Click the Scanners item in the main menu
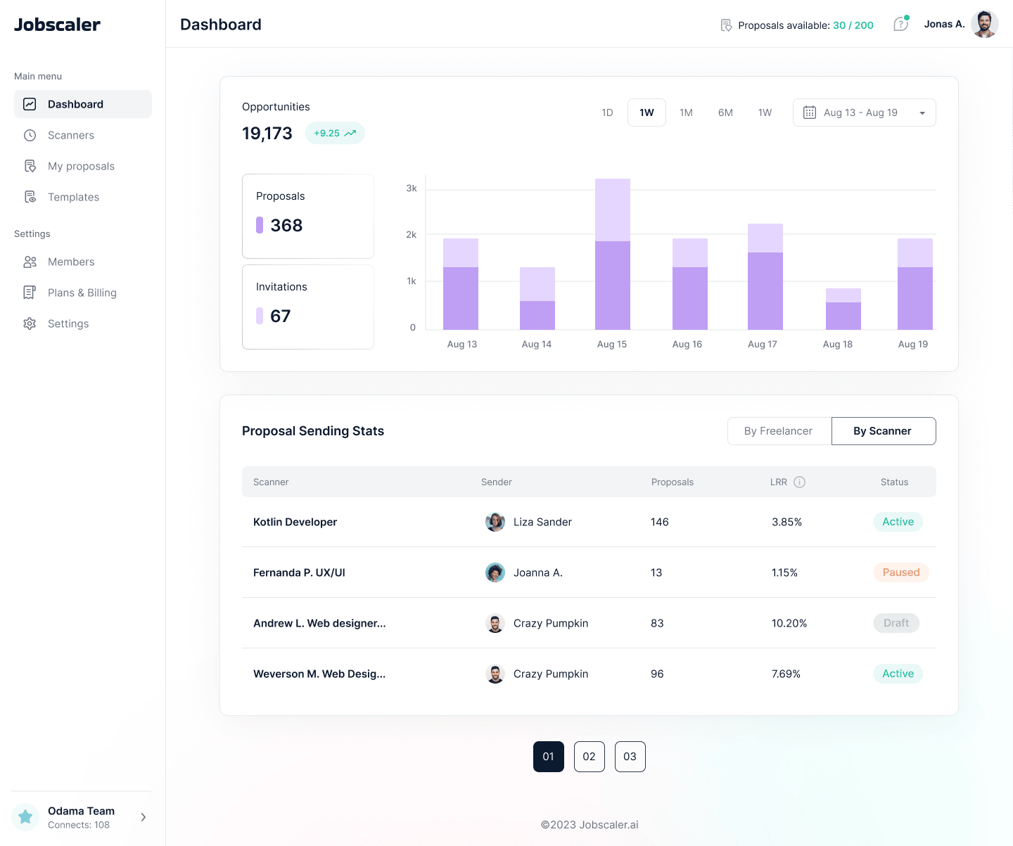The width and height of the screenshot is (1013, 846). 70,135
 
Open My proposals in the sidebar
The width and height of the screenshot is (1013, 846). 80,166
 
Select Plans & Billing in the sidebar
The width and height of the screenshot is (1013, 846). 82,293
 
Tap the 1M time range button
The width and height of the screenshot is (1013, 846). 686,113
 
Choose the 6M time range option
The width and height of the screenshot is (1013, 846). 725,113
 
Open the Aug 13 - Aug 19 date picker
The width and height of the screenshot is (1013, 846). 864,113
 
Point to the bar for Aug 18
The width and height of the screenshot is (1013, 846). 843,309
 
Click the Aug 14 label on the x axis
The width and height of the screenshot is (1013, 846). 537,344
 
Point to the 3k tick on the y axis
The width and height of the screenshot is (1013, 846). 412,188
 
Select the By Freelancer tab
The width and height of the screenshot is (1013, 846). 779,431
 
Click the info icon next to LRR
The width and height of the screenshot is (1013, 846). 799,482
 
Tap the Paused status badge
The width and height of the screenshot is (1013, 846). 900,572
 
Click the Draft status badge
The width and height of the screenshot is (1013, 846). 896,623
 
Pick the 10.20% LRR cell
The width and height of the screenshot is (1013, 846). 789,623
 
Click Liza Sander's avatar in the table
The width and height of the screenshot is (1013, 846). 495,522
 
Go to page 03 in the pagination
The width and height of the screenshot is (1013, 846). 630,757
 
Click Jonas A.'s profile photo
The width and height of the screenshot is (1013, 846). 984,25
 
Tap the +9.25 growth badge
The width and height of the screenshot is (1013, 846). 335,133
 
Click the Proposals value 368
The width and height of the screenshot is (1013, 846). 286,226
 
